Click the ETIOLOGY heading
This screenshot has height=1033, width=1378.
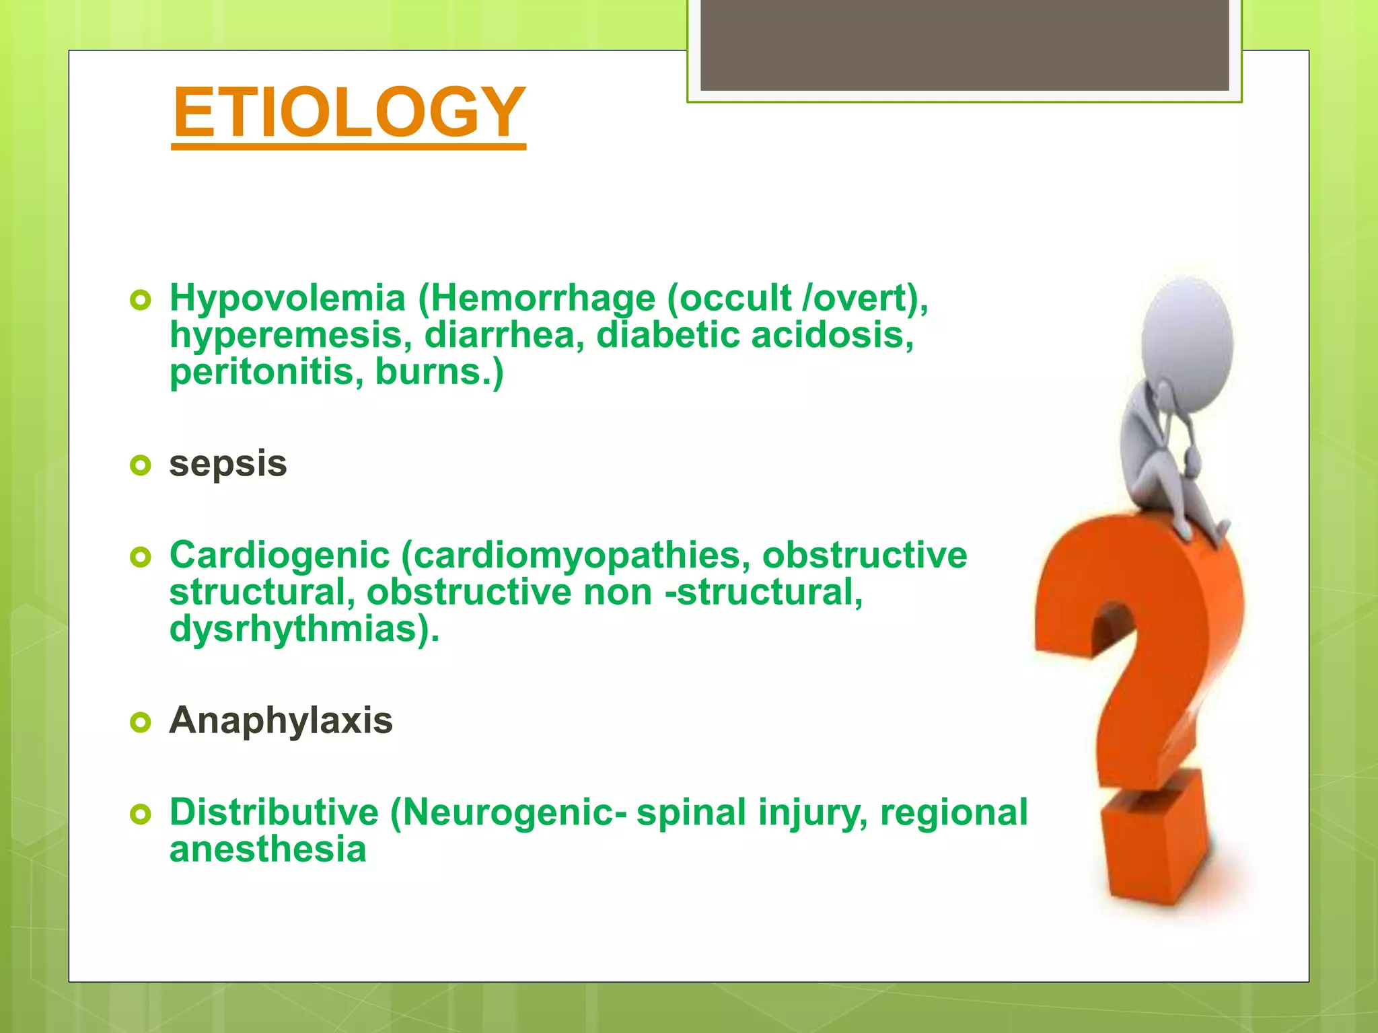pos(349,112)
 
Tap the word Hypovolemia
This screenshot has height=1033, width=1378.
pos(287,298)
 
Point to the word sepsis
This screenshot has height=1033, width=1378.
pos(228,464)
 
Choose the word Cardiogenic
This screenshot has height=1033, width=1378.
pos(279,556)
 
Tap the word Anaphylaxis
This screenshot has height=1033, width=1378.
pos(281,721)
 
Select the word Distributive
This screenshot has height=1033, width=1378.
pos(274,812)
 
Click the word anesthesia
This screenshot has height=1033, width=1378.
pos(268,849)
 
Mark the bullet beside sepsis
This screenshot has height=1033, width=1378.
pos(140,465)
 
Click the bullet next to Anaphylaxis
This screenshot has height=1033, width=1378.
pos(140,722)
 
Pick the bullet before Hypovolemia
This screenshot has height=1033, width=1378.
pos(140,300)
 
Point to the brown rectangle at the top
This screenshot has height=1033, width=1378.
pos(964,45)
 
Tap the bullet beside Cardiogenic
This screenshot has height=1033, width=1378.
pos(140,557)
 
